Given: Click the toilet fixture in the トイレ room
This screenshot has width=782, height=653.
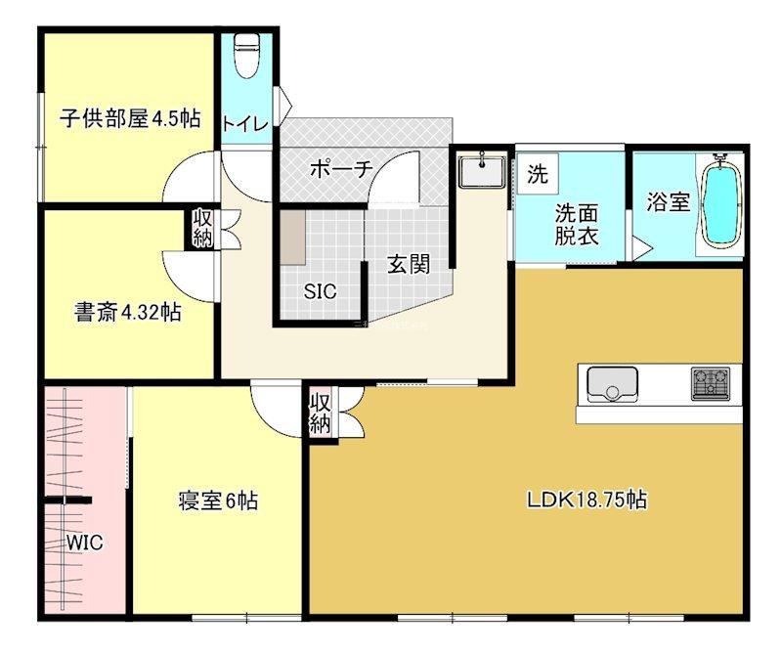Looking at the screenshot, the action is tap(246, 56).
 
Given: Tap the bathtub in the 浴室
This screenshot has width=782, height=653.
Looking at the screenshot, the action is tap(721, 201).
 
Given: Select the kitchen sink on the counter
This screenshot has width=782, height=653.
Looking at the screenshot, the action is tap(613, 383).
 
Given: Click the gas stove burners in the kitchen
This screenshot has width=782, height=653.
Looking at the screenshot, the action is tap(711, 383).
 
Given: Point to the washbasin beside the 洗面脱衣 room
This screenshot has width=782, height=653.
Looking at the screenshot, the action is tap(482, 171).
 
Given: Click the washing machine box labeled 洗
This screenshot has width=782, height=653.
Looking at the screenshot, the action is tap(537, 174).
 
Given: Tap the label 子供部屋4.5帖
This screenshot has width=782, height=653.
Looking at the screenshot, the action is tap(130, 118).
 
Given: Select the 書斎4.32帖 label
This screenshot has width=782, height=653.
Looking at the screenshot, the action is tap(128, 312).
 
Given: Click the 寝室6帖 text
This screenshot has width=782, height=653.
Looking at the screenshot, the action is tap(218, 501).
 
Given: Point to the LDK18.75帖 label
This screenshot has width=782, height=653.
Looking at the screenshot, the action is tap(587, 500).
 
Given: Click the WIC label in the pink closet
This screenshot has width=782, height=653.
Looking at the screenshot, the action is tap(85, 543).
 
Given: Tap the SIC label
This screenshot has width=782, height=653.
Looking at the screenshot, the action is tap(321, 291).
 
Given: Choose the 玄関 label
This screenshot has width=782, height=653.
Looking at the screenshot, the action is tap(409, 264).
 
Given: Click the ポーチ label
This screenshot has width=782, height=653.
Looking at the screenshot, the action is tap(341, 169).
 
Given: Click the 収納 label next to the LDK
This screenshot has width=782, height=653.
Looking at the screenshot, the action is tap(321, 414).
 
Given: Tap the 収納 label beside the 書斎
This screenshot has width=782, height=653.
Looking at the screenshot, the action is tap(203, 229).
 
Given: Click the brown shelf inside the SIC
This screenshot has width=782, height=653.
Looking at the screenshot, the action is tap(292, 238).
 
